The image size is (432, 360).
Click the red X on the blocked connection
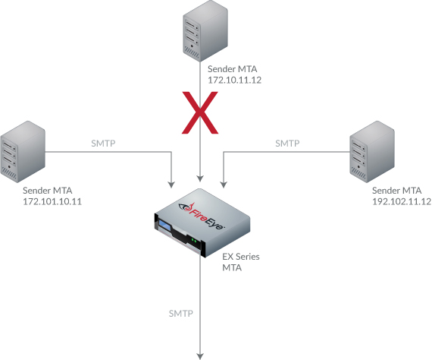[200, 113]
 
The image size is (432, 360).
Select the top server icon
[205, 30]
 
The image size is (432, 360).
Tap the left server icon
[23, 152]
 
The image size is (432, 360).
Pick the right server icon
[372, 152]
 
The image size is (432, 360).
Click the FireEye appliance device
[202, 223]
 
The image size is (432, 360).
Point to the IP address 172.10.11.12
[234, 80]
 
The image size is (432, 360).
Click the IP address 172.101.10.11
[52, 201]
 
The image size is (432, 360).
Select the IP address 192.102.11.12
[402, 201]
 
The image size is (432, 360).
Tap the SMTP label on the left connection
[103, 144]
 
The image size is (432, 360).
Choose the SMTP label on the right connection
[287, 144]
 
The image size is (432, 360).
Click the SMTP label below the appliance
[180, 314]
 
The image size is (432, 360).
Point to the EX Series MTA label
[241, 262]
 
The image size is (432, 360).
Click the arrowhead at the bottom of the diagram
[200, 356]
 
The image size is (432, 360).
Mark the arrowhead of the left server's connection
[171, 185]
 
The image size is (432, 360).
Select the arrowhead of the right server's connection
[224, 185]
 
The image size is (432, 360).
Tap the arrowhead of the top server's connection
[200, 178]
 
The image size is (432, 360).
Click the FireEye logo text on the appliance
[202, 216]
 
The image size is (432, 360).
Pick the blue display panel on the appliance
[164, 226]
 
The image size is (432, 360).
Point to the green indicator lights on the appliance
[194, 241]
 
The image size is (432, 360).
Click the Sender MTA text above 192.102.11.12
[396, 191]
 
